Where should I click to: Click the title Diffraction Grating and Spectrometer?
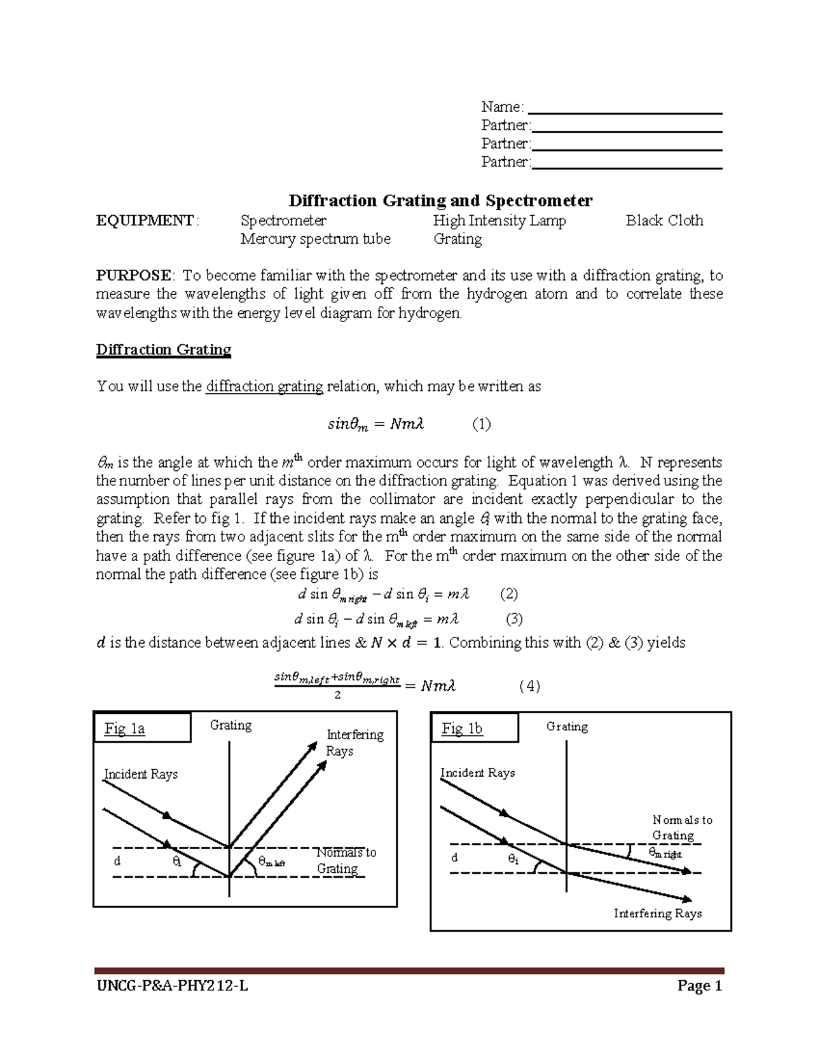[440, 201]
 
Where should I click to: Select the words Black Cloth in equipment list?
[664, 220]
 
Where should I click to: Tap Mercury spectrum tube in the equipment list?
[315, 239]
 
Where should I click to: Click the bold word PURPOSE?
[134, 276]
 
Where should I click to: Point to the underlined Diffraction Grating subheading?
[164, 350]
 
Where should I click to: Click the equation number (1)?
[481, 425]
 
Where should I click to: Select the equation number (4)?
[529, 686]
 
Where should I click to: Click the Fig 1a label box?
[142, 728]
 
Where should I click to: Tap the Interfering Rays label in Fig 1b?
[657, 913]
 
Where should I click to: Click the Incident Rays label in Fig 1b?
[477, 773]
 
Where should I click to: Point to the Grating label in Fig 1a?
[231, 725]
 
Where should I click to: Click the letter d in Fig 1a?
[117, 861]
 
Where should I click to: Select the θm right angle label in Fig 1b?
[664, 853]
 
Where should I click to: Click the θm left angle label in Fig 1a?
[271, 862]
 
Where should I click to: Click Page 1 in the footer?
[699, 986]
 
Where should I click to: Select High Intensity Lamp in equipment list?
[499, 220]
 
